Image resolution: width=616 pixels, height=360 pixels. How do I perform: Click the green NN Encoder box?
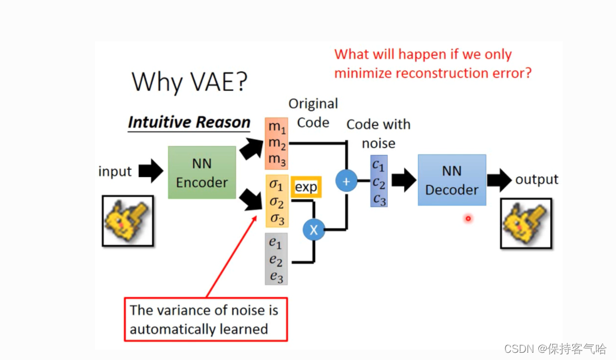[202, 172]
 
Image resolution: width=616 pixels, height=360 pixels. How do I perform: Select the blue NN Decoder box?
[452, 180]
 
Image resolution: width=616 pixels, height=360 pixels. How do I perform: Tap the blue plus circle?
[346, 181]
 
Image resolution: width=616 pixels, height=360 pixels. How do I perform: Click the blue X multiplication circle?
[314, 229]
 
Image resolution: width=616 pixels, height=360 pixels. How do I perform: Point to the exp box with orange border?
[306, 187]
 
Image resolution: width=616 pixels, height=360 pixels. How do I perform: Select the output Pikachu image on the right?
[526, 223]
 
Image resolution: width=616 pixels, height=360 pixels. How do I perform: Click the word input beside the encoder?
[115, 172]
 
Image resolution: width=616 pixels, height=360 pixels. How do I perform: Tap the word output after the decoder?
[536, 179]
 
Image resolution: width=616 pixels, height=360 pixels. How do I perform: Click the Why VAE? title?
[189, 81]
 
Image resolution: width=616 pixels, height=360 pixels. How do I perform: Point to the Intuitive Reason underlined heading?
[189, 123]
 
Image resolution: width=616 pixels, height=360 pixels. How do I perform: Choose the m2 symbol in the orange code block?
[276, 144]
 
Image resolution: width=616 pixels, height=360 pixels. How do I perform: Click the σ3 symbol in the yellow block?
[277, 218]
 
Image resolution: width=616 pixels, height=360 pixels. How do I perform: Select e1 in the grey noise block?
[276, 243]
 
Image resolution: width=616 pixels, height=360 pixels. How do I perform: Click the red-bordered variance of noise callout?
[205, 319]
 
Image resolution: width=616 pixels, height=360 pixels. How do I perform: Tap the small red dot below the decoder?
[468, 219]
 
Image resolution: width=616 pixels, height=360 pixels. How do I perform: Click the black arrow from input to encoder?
[150, 172]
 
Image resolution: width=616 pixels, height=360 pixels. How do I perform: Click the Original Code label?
[313, 113]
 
